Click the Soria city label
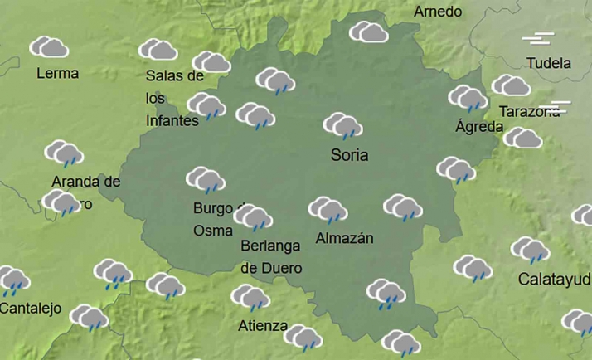pos(349,154)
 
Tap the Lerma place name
pos(58,73)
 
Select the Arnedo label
pos(437,12)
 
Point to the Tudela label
pos(549,63)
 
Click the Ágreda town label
pos(479,127)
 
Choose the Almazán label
pos(345,238)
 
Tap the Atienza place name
pos(262,325)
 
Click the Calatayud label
pos(555,279)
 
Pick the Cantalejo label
pos(31,309)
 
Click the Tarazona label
pos(530,111)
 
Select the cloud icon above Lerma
pos(50,47)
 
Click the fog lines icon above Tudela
pos(540,39)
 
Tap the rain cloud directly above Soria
pos(342,127)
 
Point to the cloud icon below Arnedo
pos(368,33)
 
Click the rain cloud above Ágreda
pos(468,99)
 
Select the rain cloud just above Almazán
pos(328,210)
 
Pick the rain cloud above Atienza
pos(250,298)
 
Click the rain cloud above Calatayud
pos(530,250)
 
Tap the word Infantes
pos(172,120)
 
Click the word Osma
pos(213,231)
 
